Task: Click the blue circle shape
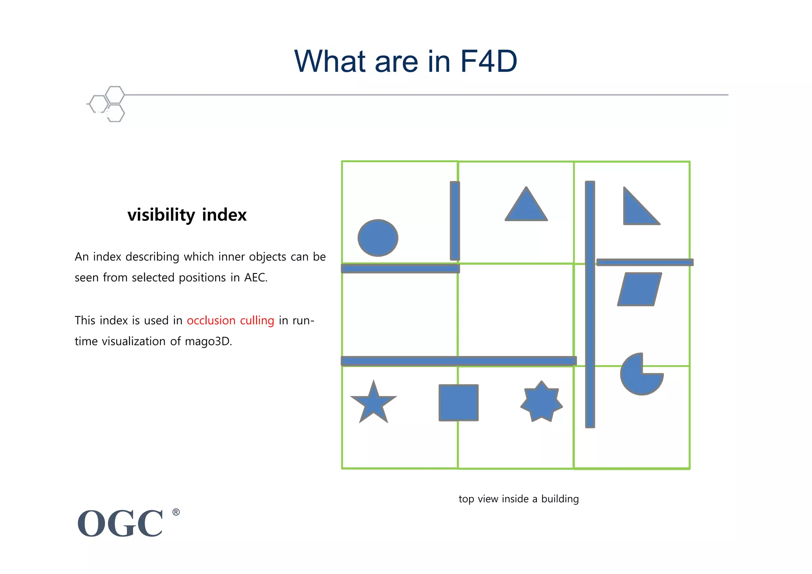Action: click(x=378, y=238)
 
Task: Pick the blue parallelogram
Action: click(x=639, y=289)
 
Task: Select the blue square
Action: click(x=458, y=402)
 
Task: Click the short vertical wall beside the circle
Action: click(x=455, y=221)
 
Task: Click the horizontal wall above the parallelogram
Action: click(x=645, y=262)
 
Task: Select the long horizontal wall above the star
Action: click(x=458, y=361)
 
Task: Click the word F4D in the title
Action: click(x=488, y=61)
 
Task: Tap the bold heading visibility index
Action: click(x=187, y=215)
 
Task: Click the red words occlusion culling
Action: click(x=230, y=320)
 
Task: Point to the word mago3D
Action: click(x=208, y=341)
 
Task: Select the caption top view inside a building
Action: click(x=519, y=499)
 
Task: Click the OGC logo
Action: click(x=121, y=523)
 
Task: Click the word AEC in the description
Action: click(x=255, y=277)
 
